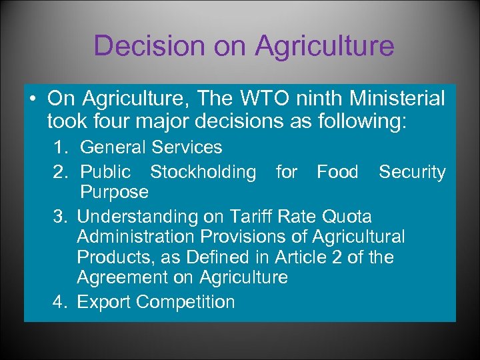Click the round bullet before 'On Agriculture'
33,99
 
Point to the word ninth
311,99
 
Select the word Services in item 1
189,147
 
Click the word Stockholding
203,172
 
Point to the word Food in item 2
337,172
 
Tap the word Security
412,172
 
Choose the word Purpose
114,193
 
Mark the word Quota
347,217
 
